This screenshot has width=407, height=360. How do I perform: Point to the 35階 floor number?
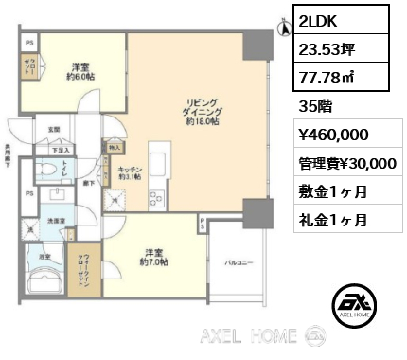coord(315,106)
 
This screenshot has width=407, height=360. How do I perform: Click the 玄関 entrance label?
coord(54,130)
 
